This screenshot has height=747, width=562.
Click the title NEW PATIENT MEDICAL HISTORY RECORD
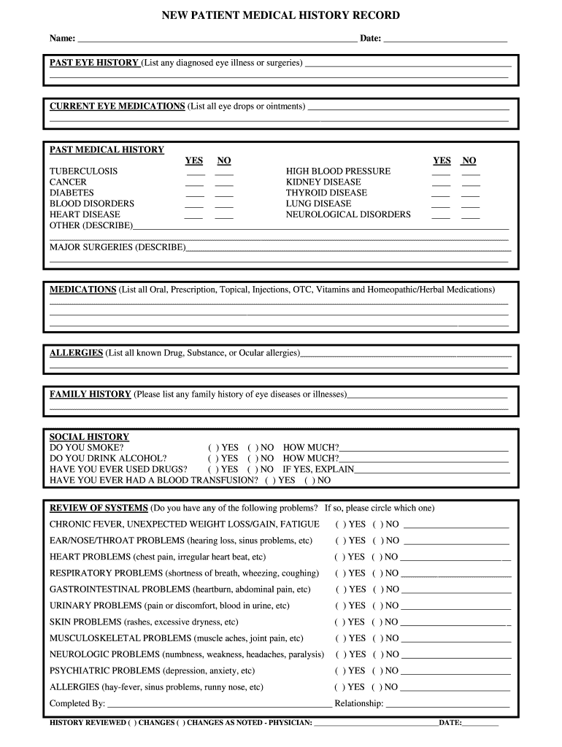pyautogui.click(x=280, y=15)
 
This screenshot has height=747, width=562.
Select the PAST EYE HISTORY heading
pyautogui.click(x=94, y=63)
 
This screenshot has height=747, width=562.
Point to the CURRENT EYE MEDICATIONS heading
pyautogui.click(x=117, y=107)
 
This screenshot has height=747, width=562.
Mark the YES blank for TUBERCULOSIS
pyautogui.click(x=194, y=173)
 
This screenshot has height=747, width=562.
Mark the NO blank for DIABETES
pyautogui.click(x=224, y=195)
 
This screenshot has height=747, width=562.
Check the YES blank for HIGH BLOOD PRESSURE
pyautogui.click(x=442, y=173)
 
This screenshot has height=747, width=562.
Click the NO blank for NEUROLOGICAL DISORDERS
pyautogui.click(x=471, y=217)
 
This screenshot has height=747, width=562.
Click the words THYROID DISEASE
pyautogui.click(x=326, y=193)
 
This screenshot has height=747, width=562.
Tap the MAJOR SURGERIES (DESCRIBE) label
pyautogui.click(x=117, y=247)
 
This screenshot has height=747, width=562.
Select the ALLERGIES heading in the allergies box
pyautogui.click(x=76, y=353)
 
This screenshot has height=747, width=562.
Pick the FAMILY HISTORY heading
pyautogui.click(x=90, y=395)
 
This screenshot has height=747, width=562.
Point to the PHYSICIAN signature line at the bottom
pyautogui.click(x=375, y=724)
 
